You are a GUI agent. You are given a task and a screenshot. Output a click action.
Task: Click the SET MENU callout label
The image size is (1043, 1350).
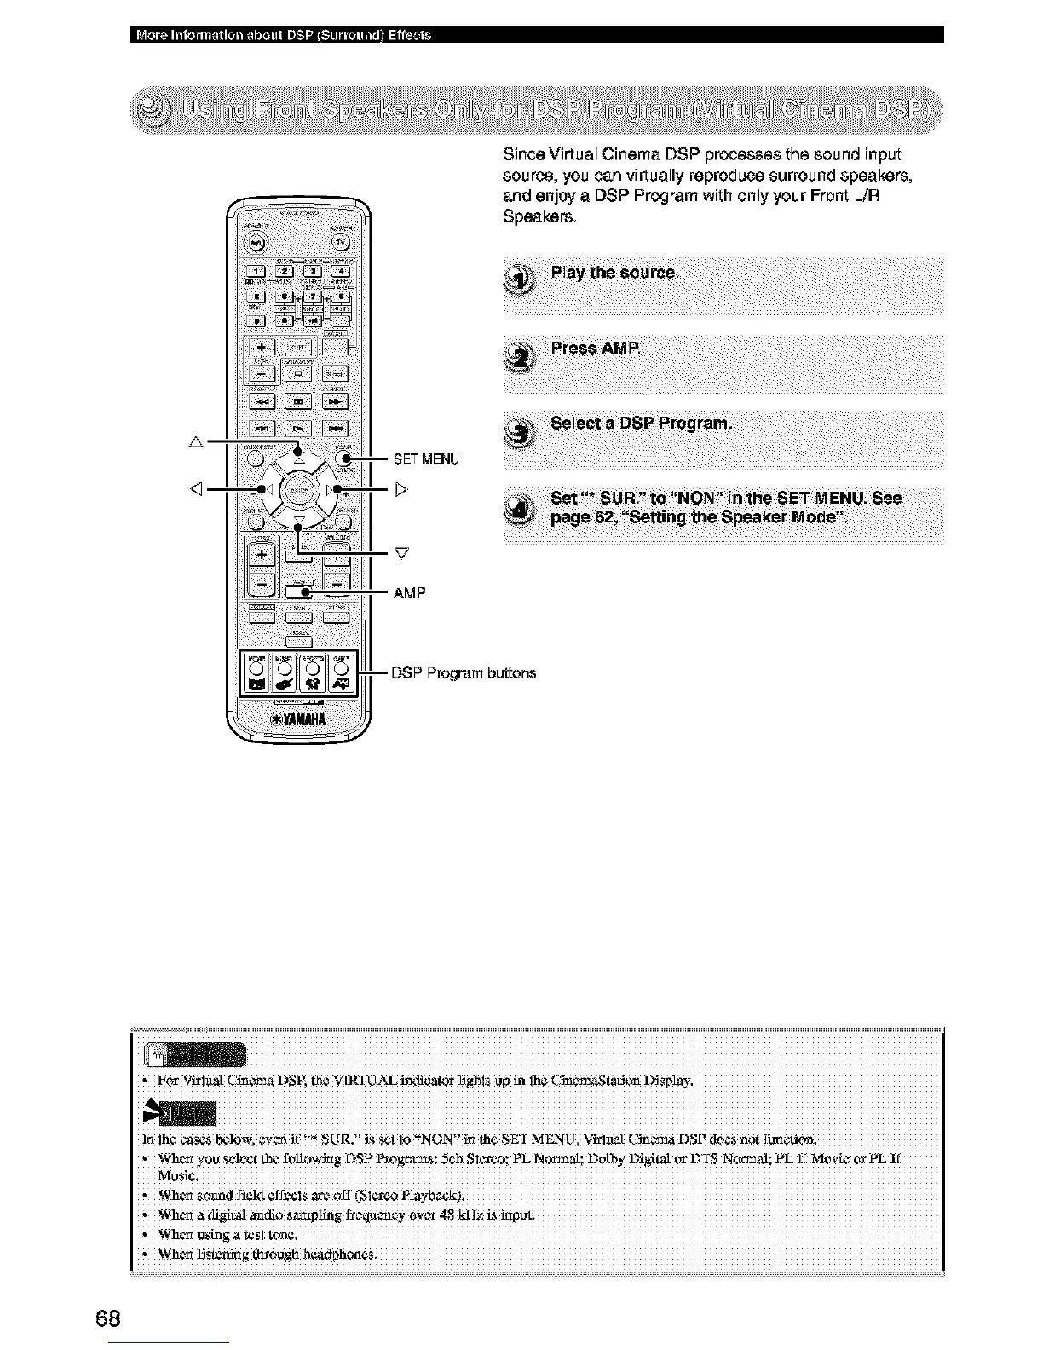(426, 460)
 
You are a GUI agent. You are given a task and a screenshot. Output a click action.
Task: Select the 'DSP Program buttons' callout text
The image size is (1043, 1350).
(464, 672)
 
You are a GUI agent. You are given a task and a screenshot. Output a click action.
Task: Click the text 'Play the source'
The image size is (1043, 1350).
(614, 273)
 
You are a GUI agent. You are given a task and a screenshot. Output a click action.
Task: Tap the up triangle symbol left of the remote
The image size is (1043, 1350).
(196, 441)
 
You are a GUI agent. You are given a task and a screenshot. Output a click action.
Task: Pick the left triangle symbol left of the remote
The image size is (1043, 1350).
(196, 489)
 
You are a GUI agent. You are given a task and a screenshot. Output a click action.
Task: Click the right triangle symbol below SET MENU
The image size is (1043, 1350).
(401, 489)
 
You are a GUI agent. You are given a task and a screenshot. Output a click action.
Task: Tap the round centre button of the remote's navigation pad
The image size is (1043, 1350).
(297, 490)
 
